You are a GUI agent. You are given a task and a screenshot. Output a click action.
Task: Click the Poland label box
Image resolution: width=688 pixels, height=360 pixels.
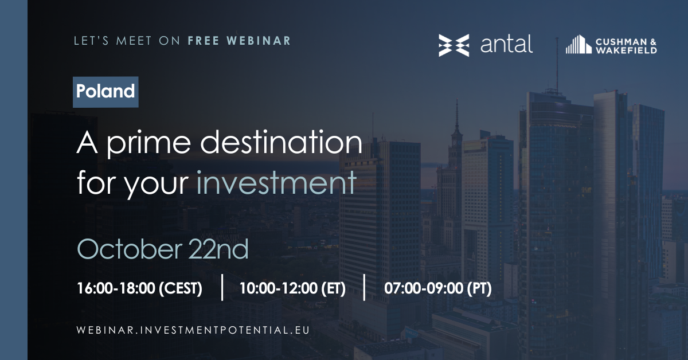[105, 92]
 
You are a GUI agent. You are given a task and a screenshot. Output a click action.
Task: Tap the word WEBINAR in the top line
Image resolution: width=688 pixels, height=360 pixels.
[259, 41]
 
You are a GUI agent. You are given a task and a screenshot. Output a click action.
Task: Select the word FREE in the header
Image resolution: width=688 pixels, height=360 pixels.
[204, 41]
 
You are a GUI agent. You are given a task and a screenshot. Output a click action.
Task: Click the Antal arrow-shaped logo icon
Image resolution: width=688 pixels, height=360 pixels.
[454, 45]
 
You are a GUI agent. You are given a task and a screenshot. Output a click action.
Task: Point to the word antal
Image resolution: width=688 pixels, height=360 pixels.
[506, 45]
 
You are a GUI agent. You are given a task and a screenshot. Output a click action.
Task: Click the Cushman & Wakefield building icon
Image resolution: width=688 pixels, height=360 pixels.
[578, 45]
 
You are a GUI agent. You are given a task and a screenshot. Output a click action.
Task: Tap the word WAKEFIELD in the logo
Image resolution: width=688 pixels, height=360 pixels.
[626, 50]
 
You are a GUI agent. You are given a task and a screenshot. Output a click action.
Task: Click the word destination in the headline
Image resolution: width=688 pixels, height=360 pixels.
[282, 142]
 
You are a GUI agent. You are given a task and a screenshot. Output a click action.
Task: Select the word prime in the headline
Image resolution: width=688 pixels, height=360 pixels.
[148, 144]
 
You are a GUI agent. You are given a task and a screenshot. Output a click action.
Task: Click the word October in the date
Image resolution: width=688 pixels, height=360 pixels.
[130, 249]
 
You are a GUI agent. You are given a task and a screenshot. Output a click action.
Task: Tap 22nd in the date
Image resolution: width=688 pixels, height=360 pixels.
[218, 249]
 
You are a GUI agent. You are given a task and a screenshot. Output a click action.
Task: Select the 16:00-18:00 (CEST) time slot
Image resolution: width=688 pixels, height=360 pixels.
[139, 288]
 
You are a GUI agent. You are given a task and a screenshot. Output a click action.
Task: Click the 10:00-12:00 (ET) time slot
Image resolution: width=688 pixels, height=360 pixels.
[292, 288]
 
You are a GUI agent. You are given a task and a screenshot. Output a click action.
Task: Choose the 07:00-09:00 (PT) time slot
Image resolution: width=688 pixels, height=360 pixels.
[437, 288]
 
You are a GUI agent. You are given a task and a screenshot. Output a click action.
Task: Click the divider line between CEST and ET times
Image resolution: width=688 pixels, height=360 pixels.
[222, 288]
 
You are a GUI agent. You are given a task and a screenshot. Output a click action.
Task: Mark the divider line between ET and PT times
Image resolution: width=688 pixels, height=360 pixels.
[364, 288]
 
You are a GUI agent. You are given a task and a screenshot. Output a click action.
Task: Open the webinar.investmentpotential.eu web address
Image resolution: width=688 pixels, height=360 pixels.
[193, 330]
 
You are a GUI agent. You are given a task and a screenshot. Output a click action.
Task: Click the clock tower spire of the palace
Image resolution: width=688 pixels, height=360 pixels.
[457, 115]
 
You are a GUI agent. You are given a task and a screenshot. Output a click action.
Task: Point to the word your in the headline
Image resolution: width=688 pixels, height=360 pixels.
[156, 185]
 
